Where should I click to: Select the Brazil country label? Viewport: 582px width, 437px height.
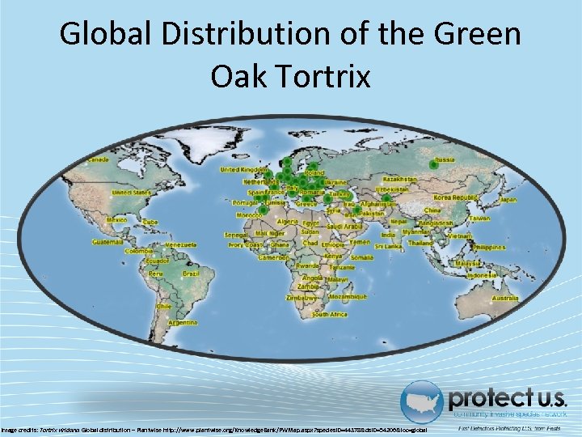pos(191,274)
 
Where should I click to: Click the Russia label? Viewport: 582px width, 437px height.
pos(445,160)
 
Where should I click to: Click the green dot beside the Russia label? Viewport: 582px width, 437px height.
pos(433,165)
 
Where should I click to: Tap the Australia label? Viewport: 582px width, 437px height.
pos(506,299)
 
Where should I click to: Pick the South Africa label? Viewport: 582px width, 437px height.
pos(330,313)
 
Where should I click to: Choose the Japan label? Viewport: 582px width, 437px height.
pos(508,199)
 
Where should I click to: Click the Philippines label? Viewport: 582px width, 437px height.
pos(500,247)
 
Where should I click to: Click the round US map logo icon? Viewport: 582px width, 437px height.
pos(423,402)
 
